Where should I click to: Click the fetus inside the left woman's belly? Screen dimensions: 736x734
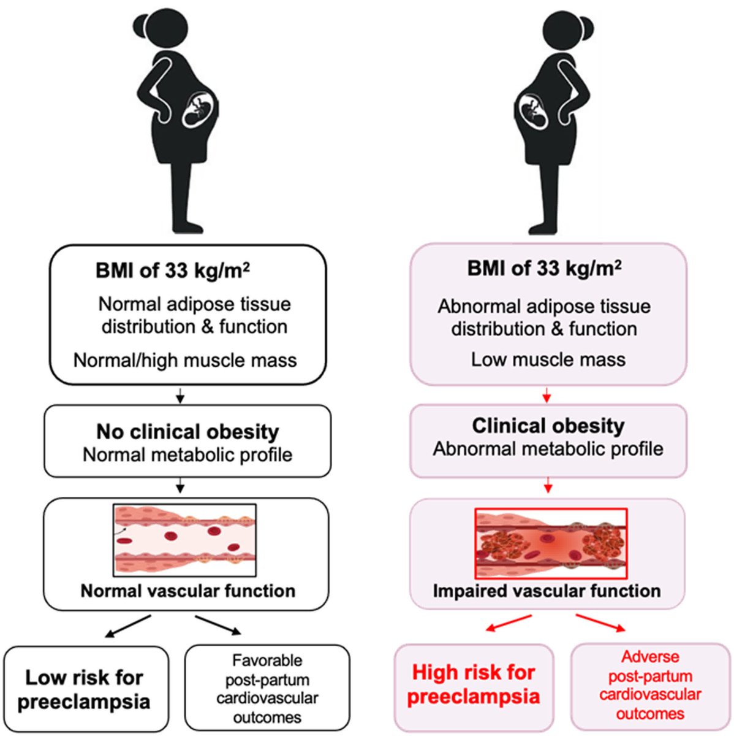[x=199, y=109]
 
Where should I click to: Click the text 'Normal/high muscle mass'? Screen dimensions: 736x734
[x=185, y=360]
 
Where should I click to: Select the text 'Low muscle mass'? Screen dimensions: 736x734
[x=548, y=359]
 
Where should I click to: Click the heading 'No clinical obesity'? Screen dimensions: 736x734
[x=187, y=432]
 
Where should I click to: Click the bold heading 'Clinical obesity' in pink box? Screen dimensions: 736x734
[x=548, y=426]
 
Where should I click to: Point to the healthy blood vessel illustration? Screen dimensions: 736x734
[x=184, y=540]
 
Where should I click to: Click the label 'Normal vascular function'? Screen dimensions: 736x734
[x=187, y=591]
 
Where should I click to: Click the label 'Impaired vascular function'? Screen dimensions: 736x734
[x=547, y=591]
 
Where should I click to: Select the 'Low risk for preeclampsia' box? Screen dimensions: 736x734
[x=86, y=689]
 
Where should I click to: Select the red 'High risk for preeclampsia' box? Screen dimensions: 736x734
[x=473, y=684]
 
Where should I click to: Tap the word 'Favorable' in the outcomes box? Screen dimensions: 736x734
[x=267, y=661]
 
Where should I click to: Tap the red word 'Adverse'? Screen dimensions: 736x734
[x=650, y=657]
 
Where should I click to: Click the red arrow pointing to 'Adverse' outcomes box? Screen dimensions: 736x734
[x=601, y=622]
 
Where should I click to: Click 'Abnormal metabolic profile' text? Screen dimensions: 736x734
[x=548, y=449]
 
